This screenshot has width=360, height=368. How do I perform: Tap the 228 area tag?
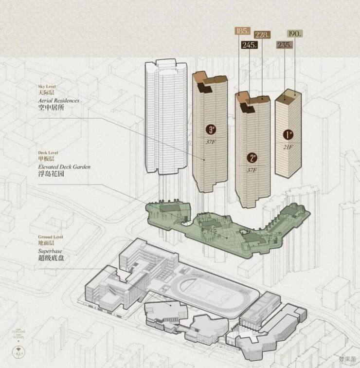click(263, 35)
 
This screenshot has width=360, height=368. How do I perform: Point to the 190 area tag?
click(294, 34)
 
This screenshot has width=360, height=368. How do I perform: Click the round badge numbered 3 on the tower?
click(211, 129)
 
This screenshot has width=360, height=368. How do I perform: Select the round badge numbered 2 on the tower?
click(252, 158)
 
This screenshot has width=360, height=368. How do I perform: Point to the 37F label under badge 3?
click(211, 141)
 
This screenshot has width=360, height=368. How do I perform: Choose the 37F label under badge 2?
click(252, 170)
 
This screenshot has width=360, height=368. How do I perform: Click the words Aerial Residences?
click(58, 100)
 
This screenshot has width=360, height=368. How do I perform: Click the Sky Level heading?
click(47, 85)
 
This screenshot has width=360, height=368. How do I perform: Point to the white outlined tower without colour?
click(165, 117)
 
